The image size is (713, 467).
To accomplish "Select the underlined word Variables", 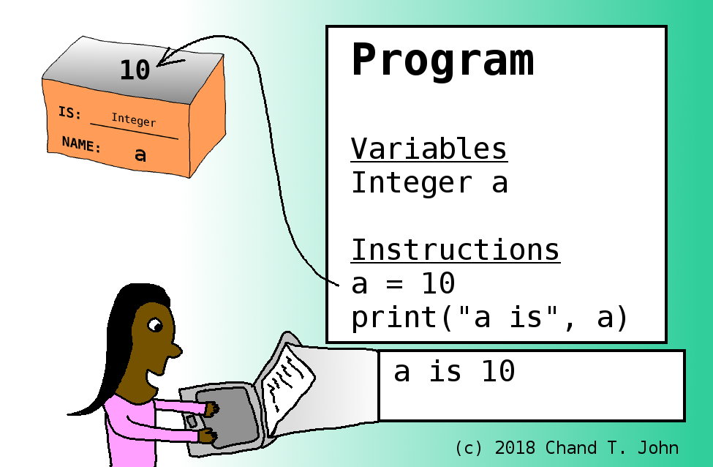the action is (x=429, y=149).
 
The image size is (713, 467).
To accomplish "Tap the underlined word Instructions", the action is (x=455, y=250).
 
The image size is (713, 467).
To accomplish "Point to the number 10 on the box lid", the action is (x=135, y=70).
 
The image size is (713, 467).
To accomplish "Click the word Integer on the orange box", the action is (x=134, y=120).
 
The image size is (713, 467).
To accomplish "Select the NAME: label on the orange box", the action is (x=81, y=144).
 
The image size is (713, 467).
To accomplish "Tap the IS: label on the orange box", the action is (x=69, y=113).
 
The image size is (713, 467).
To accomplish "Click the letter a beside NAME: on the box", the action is (x=140, y=155).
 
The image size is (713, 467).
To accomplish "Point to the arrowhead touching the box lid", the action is (x=169, y=59).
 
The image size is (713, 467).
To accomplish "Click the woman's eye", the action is (x=155, y=325).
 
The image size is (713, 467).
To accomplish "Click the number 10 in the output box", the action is (x=499, y=371).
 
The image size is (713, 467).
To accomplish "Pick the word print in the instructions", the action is (x=395, y=318).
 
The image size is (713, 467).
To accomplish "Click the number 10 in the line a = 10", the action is (x=438, y=283).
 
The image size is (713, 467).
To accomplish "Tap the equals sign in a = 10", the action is (x=394, y=284).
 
